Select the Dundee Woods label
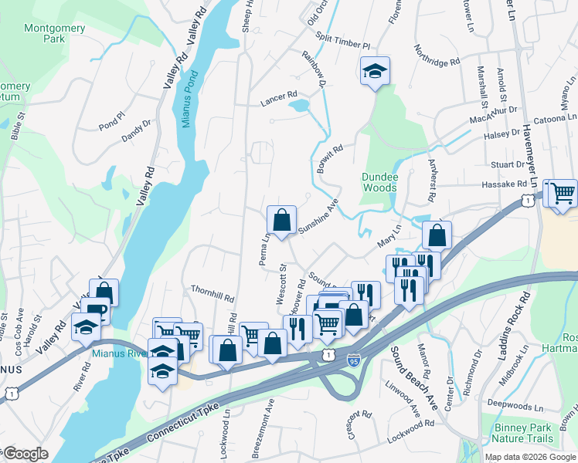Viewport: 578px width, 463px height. [379, 182]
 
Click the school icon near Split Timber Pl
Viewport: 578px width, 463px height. [375, 72]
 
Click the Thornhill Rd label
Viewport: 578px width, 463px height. [212, 292]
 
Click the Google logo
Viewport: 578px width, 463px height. [25, 454]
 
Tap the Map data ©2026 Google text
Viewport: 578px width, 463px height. [530, 457]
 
